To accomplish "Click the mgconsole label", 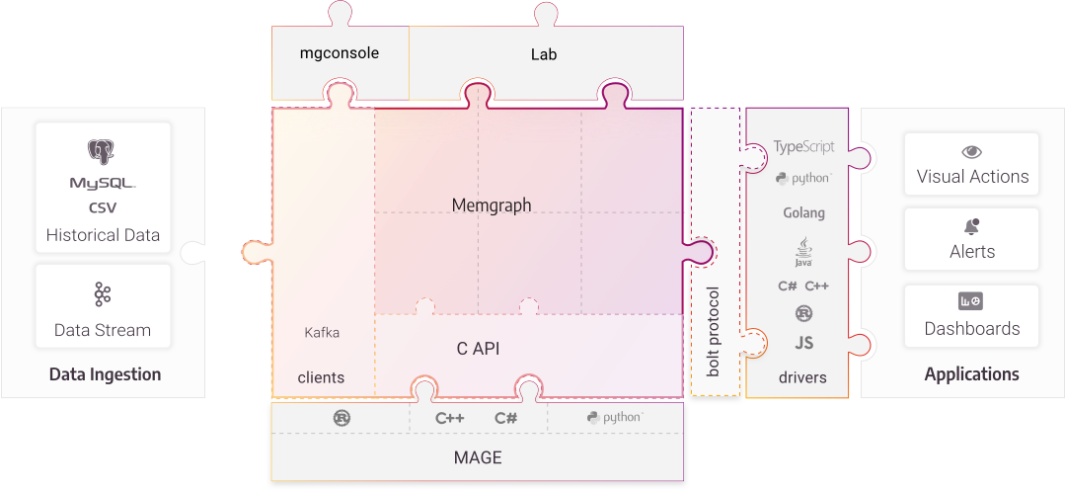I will coord(340,53).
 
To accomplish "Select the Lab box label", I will coord(544,54).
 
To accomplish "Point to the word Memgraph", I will coord(492,205).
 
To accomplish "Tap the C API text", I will coord(478,348).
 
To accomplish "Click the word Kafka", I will coord(322,333).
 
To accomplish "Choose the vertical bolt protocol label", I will coord(714,332).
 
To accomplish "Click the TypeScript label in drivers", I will coord(803,146).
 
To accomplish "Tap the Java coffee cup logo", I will coord(802,251).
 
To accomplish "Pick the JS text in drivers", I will coord(803,344).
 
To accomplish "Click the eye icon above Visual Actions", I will coord(972,152).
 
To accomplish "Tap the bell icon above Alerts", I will coord(972,226).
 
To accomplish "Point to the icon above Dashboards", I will coord(971,301).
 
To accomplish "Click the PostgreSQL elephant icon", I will coord(102,151).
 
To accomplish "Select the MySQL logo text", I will coord(102,184).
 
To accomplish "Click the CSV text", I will coord(102,208).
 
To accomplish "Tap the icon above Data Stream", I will coord(102,294).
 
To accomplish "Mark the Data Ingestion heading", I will coord(105,374).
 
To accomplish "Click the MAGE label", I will coord(478,457).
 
